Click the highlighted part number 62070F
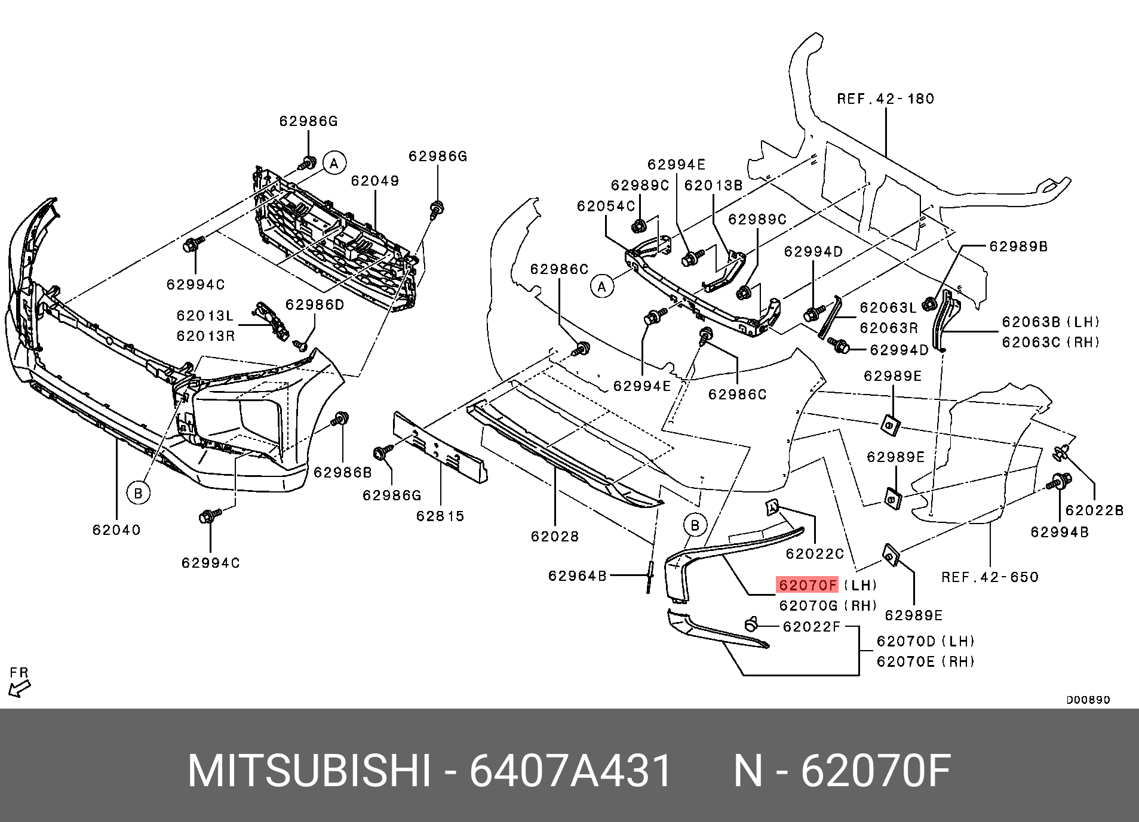[807, 585]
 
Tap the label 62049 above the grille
[374, 181]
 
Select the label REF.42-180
[885, 99]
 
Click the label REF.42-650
[990, 577]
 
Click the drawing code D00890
[1088, 700]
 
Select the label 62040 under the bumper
[116, 530]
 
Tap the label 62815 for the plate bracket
[440, 516]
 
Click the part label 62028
[555, 537]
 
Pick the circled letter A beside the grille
[334, 163]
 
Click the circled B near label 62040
[138, 493]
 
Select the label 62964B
[577, 576]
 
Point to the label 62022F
[811, 627]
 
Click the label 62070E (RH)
[925, 661]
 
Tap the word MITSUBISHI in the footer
[309, 771]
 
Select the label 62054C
[606, 207]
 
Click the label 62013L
[205, 316]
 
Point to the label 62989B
[1018, 247]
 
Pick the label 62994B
[1059, 532]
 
